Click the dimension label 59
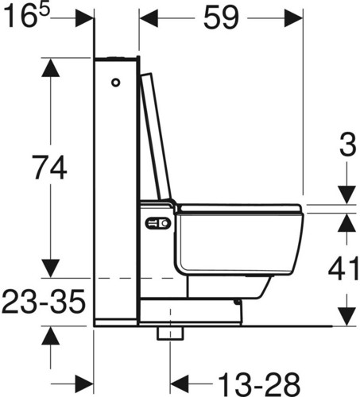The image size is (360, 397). point(221,17)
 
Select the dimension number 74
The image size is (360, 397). point(49,168)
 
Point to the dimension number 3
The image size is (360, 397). point(348,145)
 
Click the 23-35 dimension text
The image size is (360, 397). point(44,301)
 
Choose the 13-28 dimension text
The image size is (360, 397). point(259,384)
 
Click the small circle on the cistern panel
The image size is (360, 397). point(115,83)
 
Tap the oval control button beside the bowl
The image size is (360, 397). point(157,223)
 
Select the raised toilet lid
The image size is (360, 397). point(156,137)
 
